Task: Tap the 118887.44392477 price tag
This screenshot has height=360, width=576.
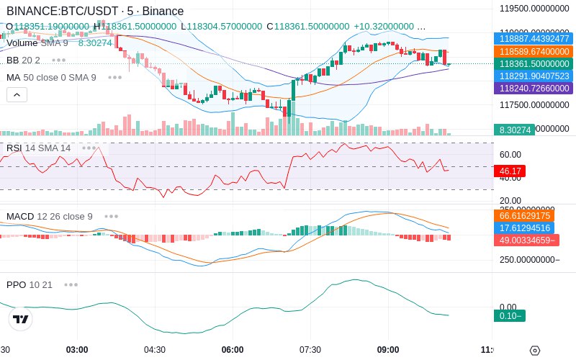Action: (x=533, y=39)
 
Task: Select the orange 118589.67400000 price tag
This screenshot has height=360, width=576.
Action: (x=533, y=52)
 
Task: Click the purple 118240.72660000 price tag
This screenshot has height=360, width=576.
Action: (x=533, y=88)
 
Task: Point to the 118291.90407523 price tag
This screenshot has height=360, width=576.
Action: (x=533, y=76)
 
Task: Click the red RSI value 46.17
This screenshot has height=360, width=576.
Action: (x=510, y=171)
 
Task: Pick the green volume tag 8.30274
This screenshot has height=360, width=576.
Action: (x=515, y=130)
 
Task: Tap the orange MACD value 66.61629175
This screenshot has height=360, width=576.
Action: (x=533, y=215)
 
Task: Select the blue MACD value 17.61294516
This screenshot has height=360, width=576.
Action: (x=533, y=228)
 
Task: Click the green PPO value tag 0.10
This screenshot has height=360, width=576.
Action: (x=510, y=315)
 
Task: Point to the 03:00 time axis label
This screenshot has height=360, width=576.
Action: (x=77, y=350)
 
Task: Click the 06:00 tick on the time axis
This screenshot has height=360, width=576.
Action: (x=233, y=350)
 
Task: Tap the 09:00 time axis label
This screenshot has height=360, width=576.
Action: (x=388, y=350)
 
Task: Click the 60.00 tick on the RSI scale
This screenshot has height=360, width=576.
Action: (x=510, y=154)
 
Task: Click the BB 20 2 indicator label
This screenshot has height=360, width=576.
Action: (x=23, y=60)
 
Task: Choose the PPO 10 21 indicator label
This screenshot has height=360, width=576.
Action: (x=30, y=284)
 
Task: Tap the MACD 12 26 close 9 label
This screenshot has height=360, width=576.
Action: (x=50, y=216)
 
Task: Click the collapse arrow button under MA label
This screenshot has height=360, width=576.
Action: (x=17, y=94)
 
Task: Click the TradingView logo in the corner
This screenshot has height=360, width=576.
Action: (x=21, y=319)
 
